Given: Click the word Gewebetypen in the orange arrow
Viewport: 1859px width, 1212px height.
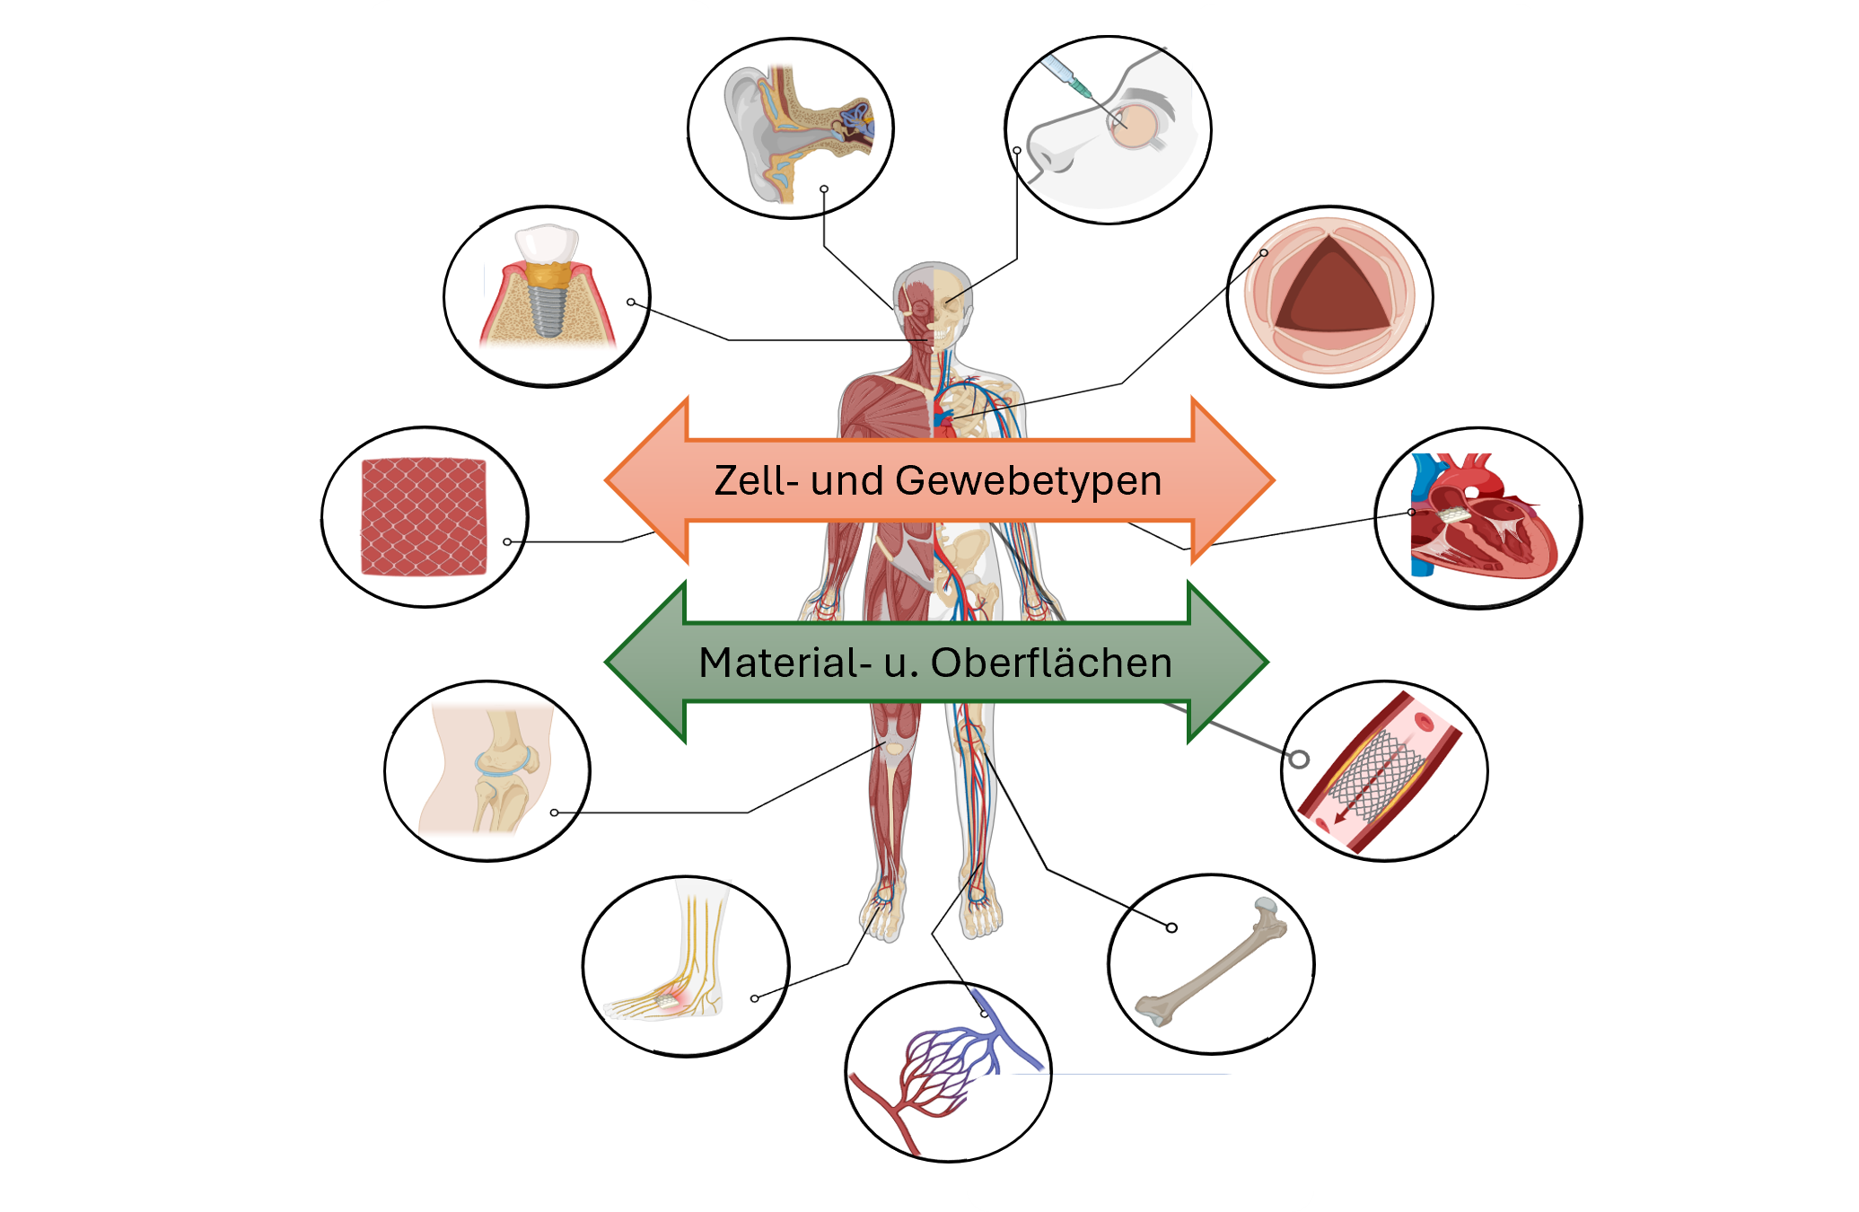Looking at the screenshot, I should [x=1028, y=481].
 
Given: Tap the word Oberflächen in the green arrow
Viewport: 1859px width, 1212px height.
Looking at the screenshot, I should [x=1051, y=663].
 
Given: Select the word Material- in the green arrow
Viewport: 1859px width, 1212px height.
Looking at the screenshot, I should [x=785, y=663].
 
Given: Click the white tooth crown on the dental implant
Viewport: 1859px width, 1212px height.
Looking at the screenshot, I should [x=546, y=242].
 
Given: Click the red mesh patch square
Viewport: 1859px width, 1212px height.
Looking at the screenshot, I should [x=424, y=517].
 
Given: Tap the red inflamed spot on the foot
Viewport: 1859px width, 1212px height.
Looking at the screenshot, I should [x=670, y=997].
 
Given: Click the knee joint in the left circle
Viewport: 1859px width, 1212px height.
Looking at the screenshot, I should [x=504, y=763].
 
